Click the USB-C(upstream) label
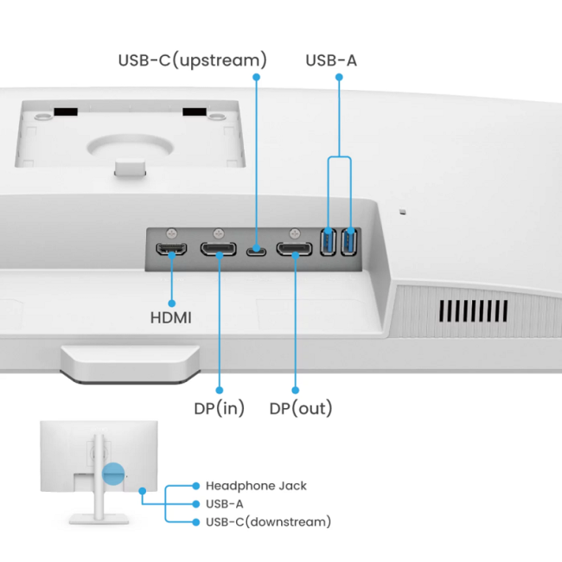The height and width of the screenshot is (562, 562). click(192, 61)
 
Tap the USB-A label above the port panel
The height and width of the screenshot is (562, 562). click(330, 61)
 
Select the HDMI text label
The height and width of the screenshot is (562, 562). click(171, 317)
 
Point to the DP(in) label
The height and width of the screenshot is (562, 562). click(219, 408)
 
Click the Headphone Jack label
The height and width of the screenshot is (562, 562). click(256, 486)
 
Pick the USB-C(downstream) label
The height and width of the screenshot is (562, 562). click(268, 521)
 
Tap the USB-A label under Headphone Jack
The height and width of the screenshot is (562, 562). click(224, 503)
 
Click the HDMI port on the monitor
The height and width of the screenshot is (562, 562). click(170, 251)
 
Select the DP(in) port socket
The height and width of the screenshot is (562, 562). click(219, 251)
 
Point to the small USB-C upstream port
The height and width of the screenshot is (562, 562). click(256, 252)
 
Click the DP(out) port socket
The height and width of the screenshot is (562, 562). click(295, 251)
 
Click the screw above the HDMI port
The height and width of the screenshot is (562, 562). click(172, 233)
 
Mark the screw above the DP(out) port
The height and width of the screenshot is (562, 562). click(294, 233)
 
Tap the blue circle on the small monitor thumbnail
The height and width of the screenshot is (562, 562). click(113, 473)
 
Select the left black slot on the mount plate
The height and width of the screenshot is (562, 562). click(66, 112)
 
